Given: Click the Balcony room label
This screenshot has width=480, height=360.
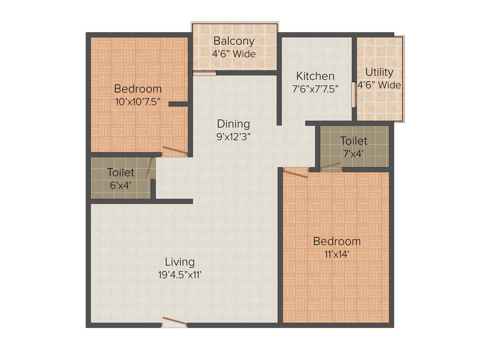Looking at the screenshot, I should pyautogui.click(x=234, y=41).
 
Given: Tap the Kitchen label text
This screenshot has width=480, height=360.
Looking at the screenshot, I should pyautogui.click(x=315, y=76).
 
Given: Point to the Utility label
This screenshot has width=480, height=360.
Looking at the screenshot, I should pyautogui.click(x=379, y=73).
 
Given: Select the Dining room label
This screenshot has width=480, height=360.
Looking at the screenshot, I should pyautogui.click(x=233, y=124).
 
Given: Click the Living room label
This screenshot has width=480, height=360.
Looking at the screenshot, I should pyautogui.click(x=180, y=262).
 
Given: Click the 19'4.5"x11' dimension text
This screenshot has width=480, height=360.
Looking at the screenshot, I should pyautogui.click(x=180, y=276).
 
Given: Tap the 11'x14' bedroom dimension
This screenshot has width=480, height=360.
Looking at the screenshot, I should pyautogui.click(x=337, y=255).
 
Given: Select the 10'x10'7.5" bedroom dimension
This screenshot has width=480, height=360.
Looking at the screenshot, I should pyautogui.click(x=138, y=102).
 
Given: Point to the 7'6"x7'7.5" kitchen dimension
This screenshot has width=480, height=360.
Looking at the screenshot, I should pyautogui.click(x=315, y=89).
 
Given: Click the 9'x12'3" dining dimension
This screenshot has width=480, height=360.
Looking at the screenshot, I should pyautogui.click(x=233, y=137).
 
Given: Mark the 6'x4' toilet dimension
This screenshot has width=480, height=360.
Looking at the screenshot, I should pyautogui.click(x=120, y=185).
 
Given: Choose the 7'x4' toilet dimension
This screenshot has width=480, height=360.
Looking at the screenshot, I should pyautogui.click(x=354, y=153).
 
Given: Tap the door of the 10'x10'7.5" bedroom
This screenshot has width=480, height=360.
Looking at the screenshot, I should pyautogui.click(x=175, y=151).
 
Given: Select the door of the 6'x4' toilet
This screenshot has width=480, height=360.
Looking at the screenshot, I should pyautogui.click(x=150, y=167).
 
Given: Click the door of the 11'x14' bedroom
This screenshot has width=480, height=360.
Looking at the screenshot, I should pyautogui.click(x=296, y=172).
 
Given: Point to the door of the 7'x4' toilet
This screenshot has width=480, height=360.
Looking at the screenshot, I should pyautogui.click(x=330, y=165).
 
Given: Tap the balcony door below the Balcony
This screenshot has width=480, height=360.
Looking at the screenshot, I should pyautogui.click(x=205, y=73).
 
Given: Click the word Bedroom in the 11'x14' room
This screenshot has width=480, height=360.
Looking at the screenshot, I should pyautogui.click(x=337, y=241).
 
